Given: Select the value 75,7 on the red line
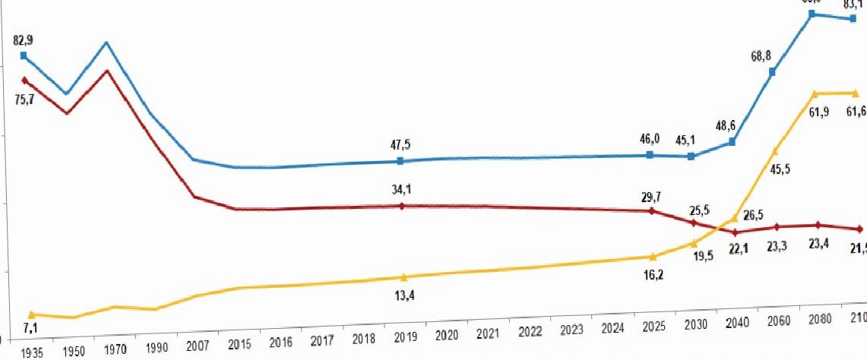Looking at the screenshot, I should (24, 98).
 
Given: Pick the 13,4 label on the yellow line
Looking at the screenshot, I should (403, 295).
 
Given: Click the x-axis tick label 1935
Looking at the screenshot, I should (32, 353).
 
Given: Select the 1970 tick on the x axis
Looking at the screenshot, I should (115, 350).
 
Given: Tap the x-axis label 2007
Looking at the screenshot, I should (198, 346).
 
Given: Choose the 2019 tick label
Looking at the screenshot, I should (403, 336).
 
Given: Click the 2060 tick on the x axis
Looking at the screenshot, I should (776, 320).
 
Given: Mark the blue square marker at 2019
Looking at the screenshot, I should (401, 161).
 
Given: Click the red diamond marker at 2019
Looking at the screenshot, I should (402, 206).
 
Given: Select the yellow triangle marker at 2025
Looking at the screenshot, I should (650, 257).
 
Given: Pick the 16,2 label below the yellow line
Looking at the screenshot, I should (652, 274).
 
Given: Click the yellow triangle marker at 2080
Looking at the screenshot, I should (815, 93).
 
